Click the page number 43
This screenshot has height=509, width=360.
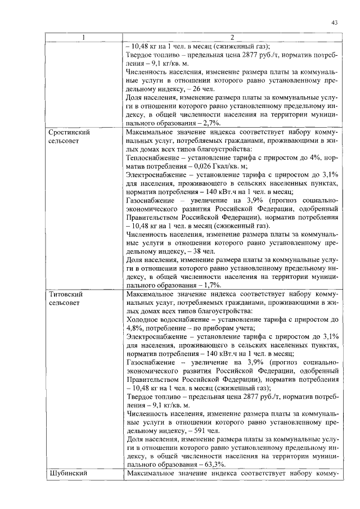tap(334, 22)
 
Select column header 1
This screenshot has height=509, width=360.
tap(84, 38)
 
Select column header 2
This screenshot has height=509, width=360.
tap(232, 38)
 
